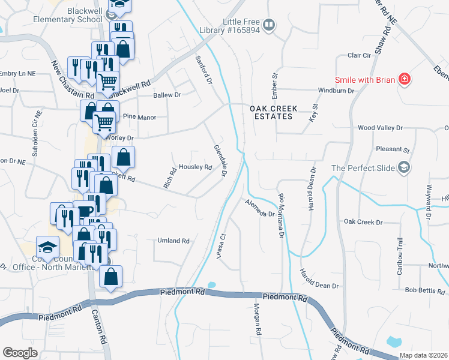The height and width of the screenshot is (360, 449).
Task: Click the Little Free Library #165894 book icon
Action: coord(270,25)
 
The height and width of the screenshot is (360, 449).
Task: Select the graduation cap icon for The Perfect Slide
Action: coord(405,167)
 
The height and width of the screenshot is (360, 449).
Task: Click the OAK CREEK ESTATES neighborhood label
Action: coord(271,112)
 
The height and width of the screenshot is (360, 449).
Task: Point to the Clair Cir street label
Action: coord(360,55)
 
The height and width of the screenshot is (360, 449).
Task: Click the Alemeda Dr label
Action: coord(259,208)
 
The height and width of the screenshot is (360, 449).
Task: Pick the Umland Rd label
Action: coord(173,241)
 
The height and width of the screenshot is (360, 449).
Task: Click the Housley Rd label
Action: coord(196,167)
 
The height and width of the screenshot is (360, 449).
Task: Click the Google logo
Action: coord(20,353)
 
